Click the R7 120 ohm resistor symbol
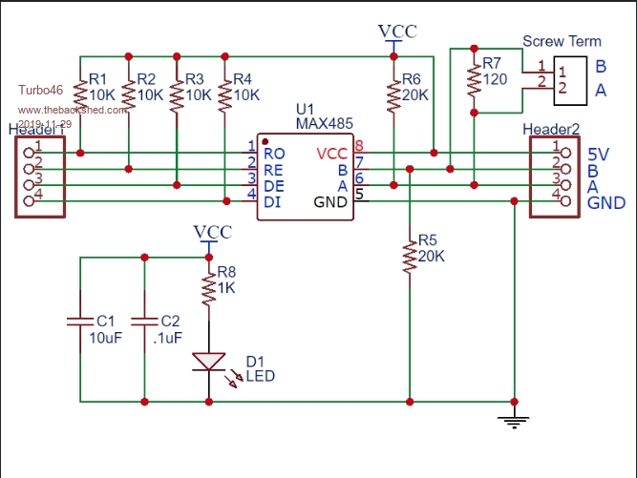tap(474, 81)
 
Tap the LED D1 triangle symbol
tap(209, 362)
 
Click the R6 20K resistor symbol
tap(393, 95)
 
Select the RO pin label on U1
tap(274, 153)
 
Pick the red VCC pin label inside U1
tap(333, 153)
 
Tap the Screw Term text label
tap(563, 42)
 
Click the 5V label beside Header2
tap(600, 154)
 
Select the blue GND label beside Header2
tap(606, 202)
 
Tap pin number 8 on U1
tap(359, 146)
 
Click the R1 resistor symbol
tap(80, 95)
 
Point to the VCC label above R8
tap(212, 232)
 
